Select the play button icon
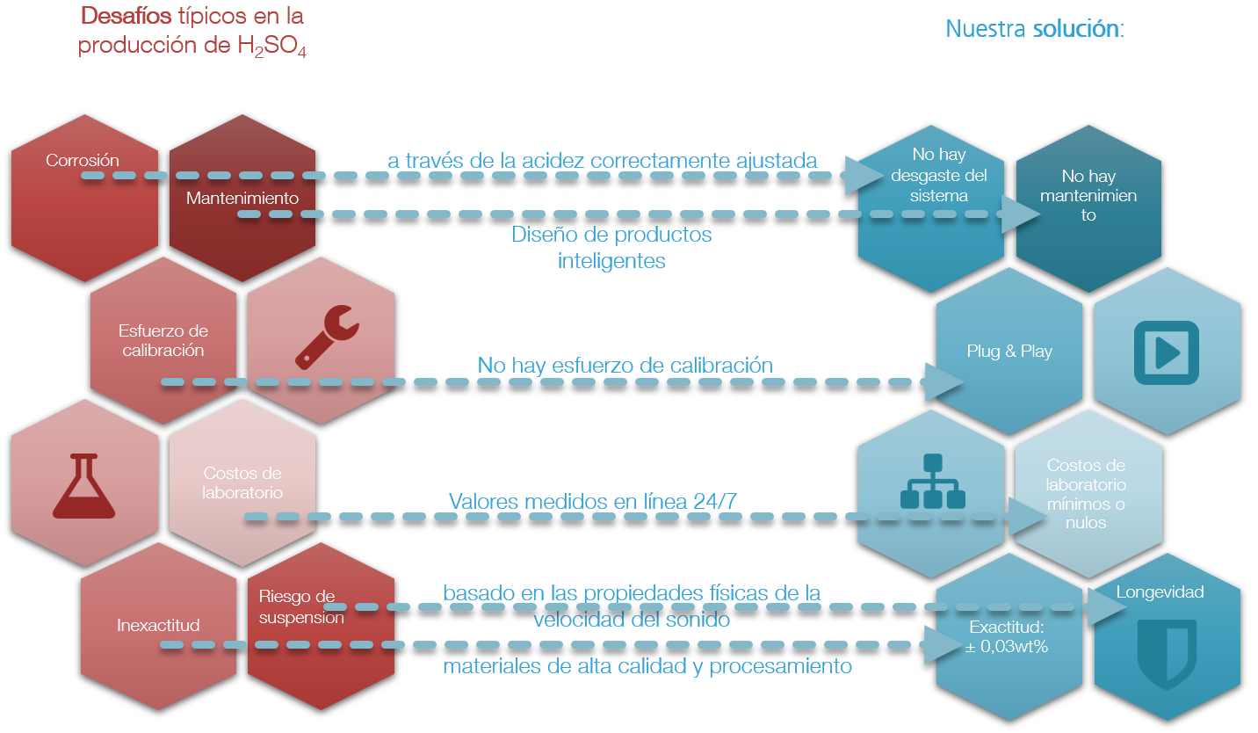pos(1166,352)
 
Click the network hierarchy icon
pos(932,482)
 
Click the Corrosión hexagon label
pos(83,161)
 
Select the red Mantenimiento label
pos(242,199)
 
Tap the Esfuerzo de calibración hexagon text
pos(163,341)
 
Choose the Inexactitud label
pos(158,626)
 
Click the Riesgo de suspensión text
pos(301,607)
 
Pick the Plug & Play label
pos(1009,352)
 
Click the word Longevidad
pos(1160,591)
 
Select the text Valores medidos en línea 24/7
pos(593,501)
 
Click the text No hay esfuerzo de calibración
pos(625,365)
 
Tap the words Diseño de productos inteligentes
pos(611,248)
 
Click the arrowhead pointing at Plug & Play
pos(945,382)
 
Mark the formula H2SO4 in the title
pos(272,47)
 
